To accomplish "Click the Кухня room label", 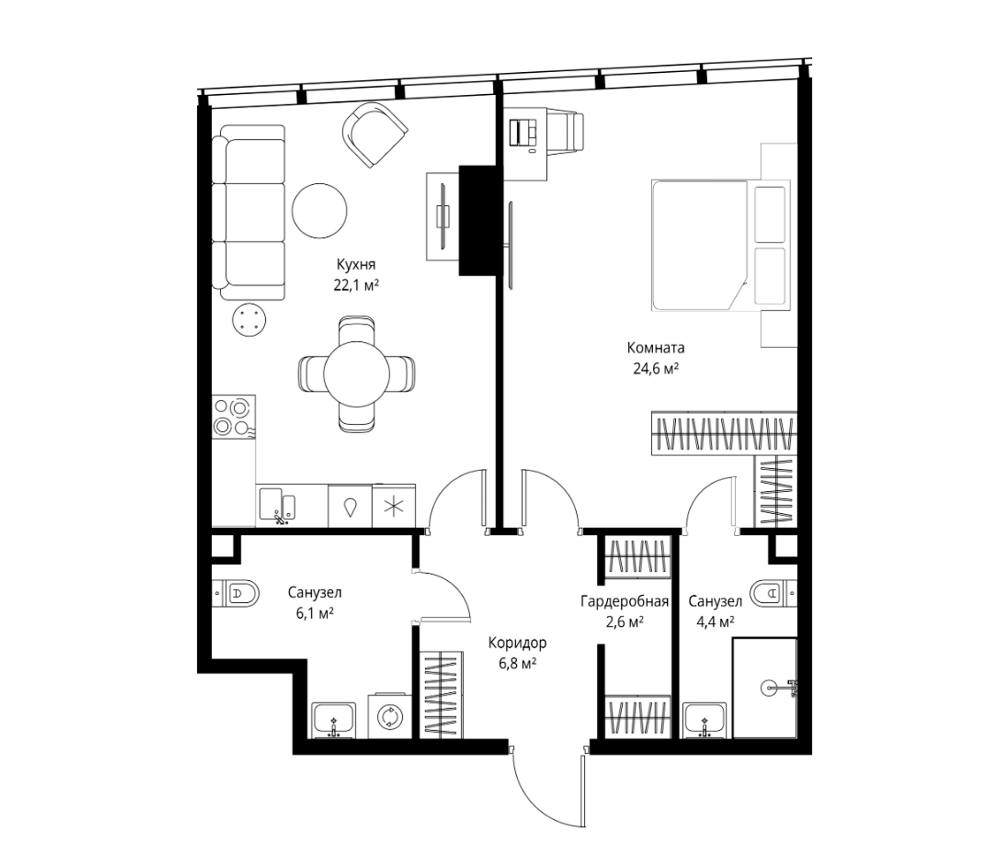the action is click(x=356, y=265).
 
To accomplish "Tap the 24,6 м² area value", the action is click(x=655, y=368).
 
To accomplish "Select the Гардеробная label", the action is click(x=625, y=602).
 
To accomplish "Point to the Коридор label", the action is click(x=517, y=643).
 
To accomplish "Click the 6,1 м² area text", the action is click(x=314, y=613).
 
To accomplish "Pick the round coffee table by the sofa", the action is click(x=320, y=210).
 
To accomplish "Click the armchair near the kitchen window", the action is click(x=374, y=134).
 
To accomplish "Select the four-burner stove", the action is click(x=234, y=418).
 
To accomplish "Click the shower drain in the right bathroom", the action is click(x=768, y=687).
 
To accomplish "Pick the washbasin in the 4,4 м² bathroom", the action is click(x=705, y=721).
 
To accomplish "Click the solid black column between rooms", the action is click(x=477, y=221).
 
